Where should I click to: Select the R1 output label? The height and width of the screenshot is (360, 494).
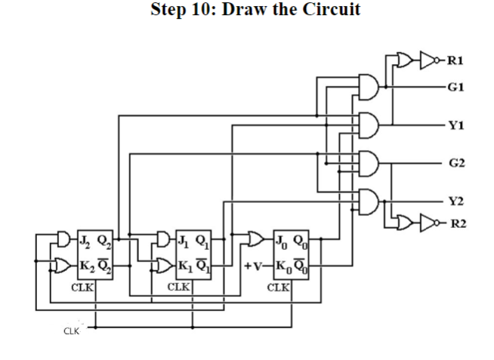click(x=456, y=58)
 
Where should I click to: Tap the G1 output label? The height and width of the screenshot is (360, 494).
click(x=456, y=88)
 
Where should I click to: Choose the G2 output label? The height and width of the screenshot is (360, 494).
click(x=456, y=162)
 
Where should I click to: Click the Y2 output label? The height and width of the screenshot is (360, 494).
click(x=456, y=201)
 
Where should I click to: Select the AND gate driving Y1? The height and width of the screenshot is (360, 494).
click(x=369, y=125)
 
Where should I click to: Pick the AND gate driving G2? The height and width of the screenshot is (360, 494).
click(x=369, y=162)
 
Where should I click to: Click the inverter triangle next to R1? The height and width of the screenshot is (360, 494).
click(x=429, y=58)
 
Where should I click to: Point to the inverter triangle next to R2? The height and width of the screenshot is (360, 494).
click(x=429, y=223)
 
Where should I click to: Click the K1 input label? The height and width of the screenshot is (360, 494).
click(x=184, y=265)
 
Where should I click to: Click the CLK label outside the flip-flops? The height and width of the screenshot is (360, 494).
click(x=71, y=331)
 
